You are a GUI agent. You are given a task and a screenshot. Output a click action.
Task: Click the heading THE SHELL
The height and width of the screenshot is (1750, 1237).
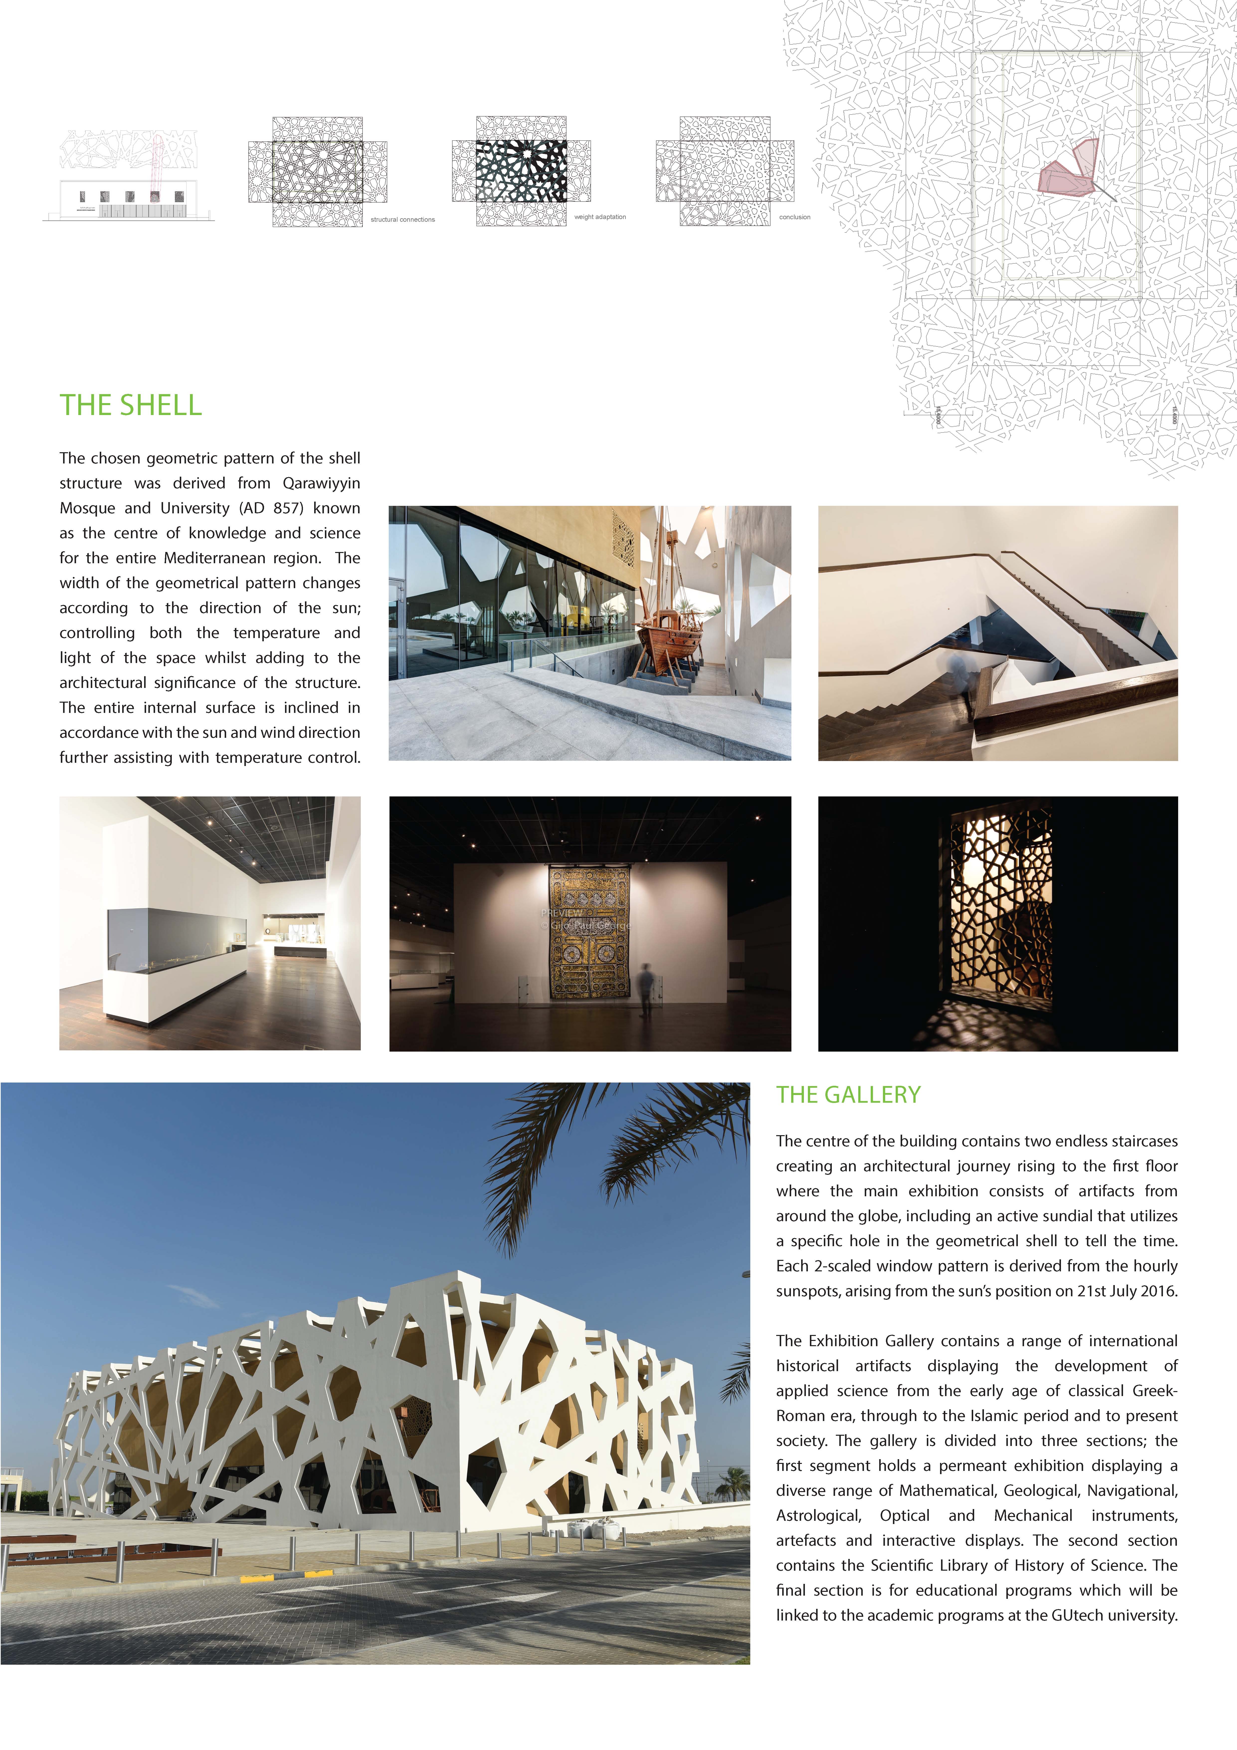pyautogui.click(x=131, y=406)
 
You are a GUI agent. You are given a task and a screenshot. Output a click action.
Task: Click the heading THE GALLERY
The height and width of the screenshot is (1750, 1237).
pyautogui.click(x=848, y=1095)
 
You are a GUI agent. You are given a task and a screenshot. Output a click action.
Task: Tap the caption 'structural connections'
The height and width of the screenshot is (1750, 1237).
pyautogui.click(x=402, y=219)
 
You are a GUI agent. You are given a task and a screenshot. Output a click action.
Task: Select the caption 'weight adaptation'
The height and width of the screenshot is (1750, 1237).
pyautogui.click(x=600, y=217)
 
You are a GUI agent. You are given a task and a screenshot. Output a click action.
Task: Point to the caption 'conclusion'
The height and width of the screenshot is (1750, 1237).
pyautogui.click(x=794, y=217)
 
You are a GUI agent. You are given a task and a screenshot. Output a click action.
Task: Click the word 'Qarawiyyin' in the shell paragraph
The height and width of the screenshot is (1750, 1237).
pyautogui.click(x=321, y=483)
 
